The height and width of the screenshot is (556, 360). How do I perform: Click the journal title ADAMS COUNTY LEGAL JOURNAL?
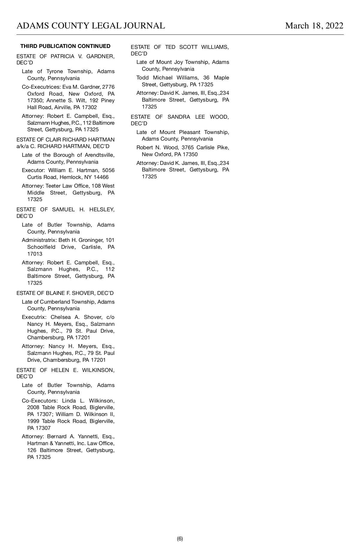tap(91, 26)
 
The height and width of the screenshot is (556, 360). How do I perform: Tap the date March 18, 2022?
tap(314, 26)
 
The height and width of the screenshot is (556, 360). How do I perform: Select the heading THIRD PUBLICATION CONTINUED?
tap(65, 46)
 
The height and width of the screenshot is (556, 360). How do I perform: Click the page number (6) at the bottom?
tap(180, 539)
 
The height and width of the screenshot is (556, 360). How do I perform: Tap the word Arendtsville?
tap(99, 155)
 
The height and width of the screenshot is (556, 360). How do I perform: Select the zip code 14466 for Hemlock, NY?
tap(101, 177)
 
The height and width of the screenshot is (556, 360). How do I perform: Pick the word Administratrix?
tap(39, 240)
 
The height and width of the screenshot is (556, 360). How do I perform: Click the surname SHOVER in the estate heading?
tap(84, 293)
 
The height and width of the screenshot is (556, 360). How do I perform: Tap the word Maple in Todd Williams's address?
tap(221, 78)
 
